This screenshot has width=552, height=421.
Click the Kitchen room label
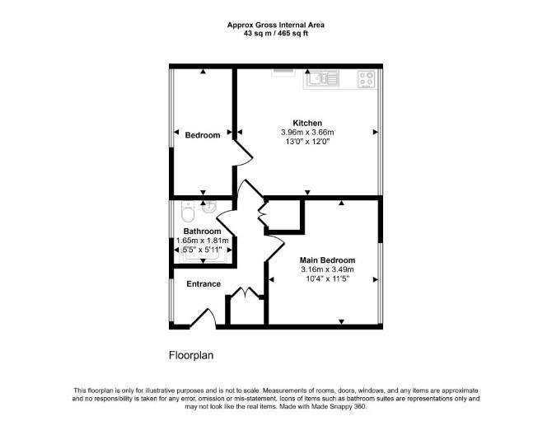coord(307,124)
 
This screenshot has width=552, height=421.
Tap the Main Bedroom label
coord(327,260)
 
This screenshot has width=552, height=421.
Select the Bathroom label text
coord(202,232)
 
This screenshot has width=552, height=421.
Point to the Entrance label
coord(203,283)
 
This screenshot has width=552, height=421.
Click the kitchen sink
coord(323,79)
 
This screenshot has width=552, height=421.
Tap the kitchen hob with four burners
coord(367,79)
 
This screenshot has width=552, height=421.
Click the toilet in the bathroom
coord(188,211)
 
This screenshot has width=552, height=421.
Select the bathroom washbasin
coord(210,207)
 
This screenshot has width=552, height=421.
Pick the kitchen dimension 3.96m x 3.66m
coord(307,133)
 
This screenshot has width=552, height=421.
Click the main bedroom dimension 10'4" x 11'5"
coord(327,278)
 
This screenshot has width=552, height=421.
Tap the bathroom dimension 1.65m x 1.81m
coord(202,241)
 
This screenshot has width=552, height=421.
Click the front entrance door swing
coord(203,318)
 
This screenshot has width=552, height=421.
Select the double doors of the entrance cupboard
coord(245,292)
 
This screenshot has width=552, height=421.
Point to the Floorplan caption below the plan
coord(191,355)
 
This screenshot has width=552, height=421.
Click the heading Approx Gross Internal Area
coord(276,25)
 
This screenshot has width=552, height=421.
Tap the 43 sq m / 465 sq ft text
coord(276,34)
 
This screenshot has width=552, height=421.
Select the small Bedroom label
coord(203,135)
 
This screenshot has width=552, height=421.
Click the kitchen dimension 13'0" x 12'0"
coord(307,142)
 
